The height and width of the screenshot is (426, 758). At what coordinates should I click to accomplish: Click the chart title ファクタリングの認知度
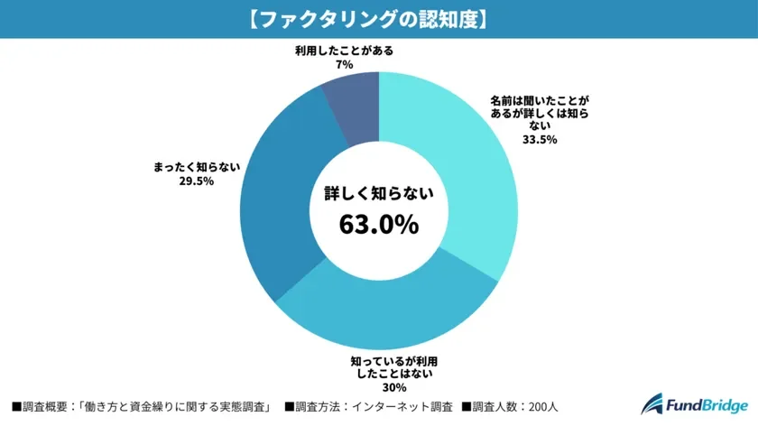pyautogui.click(x=379, y=19)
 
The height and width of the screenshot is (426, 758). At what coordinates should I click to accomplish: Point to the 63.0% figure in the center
pyautogui.click(x=379, y=224)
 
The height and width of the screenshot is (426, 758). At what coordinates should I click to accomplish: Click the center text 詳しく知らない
pyautogui.click(x=379, y=193)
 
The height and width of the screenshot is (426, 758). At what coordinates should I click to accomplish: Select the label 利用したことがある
pyautogui.click(x=343, y=51)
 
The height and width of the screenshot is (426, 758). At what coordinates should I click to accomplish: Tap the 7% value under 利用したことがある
pyautogui.click(x=343, y=65)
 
